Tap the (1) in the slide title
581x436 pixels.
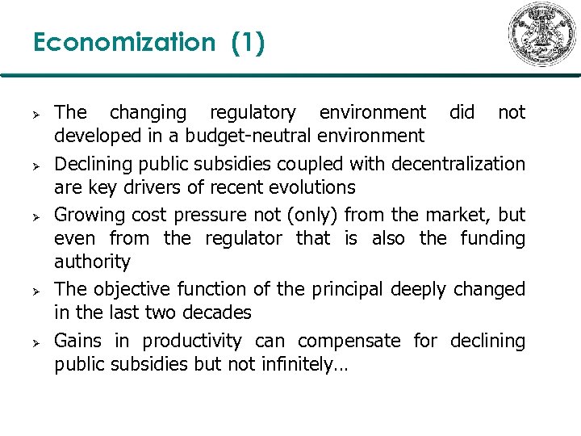(247, 42)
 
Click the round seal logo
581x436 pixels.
(541, 34)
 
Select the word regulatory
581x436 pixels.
(253, 112)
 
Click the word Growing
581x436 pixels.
(86, 215)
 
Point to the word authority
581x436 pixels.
(92, 262)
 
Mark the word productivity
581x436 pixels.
(194, 341)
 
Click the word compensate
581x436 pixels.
(349, 341)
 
